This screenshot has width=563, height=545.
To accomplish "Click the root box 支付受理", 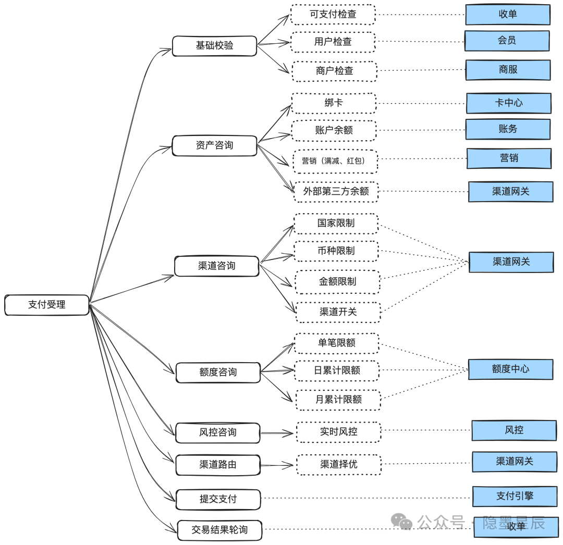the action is point(47,305).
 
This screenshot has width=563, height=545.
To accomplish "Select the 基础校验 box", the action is point(214,46).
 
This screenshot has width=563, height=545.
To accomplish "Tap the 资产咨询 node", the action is point(214,146).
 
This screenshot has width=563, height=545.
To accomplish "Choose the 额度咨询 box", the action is point(218,373).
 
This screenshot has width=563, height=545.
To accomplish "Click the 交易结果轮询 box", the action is point(219,530).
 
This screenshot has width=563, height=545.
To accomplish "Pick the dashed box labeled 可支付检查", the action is point(333,15).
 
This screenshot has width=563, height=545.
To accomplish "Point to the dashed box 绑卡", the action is point(334,103).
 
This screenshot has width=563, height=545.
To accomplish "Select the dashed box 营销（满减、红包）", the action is point(335,162).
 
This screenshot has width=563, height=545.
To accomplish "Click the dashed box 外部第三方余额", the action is point(336,192).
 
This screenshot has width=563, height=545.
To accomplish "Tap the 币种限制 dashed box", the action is point(336,251).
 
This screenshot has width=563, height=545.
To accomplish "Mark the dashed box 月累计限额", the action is point(338,400).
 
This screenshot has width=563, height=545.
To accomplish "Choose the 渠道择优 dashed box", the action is point(339,465).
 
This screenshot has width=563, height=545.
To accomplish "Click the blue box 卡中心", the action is point(509,103).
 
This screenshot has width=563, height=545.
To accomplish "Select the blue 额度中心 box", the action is point(510,369).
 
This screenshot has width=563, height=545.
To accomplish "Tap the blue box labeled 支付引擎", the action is point(515,497).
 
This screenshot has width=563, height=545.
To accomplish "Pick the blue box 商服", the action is point(508,70).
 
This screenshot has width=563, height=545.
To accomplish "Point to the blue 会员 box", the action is point(507,41).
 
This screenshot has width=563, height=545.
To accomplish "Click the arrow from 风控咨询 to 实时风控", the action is point(277,433).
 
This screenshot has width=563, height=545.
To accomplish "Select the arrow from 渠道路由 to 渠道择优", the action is point(277,465).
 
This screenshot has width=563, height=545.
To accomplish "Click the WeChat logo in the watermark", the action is point(401,522).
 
